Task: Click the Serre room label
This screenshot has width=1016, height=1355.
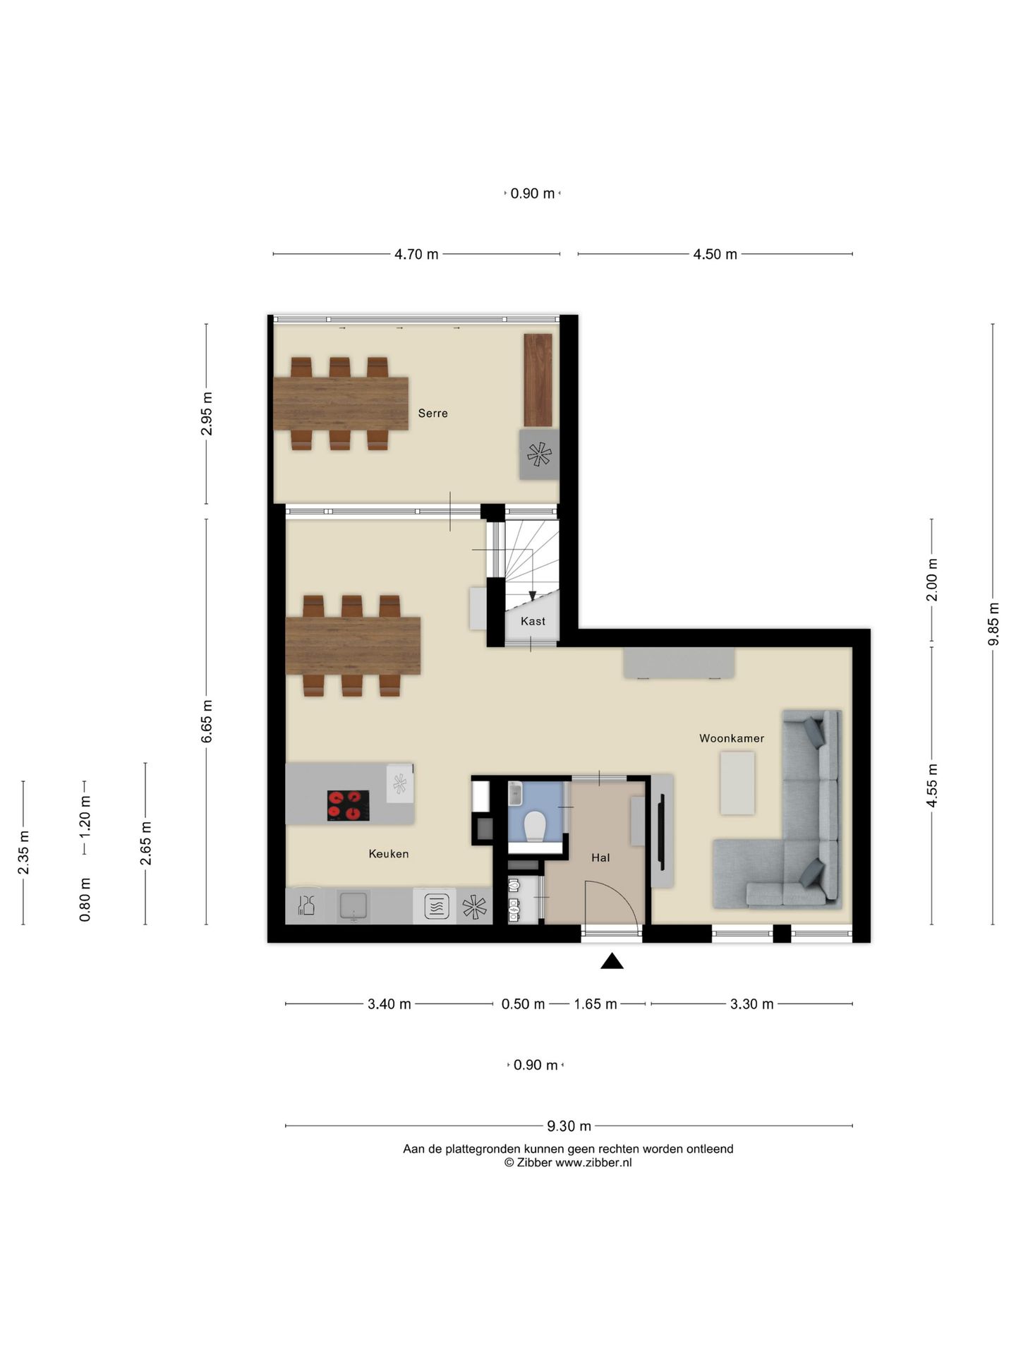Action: pos(433,414)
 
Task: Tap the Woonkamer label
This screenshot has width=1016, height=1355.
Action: pos(732,738)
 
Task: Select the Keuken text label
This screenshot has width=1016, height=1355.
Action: pos(389,854)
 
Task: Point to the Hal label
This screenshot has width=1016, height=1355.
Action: pos(600,858)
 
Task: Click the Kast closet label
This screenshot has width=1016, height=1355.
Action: pos(533,621)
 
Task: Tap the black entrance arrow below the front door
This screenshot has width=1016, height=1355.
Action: pos(612,960)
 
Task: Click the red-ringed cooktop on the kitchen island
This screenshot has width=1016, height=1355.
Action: pos(349,805)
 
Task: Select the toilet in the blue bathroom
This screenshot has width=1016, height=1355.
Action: pos(536,826)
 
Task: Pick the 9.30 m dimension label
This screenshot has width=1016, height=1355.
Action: pos(569,1126)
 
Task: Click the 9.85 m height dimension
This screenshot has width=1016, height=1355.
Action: pos(993,624)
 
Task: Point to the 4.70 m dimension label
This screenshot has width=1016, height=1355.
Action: pos(416,254)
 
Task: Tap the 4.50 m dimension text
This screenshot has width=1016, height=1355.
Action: pos(715,254)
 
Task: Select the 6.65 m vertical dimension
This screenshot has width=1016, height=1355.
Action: pos(207,721)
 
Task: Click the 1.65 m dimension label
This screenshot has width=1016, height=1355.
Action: pos(595,1004)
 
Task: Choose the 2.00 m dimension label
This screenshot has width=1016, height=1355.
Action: pos(932,579)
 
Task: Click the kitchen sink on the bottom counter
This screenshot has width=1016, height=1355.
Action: pos(353,906)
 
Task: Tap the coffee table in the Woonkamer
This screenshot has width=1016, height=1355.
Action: pos(737,783)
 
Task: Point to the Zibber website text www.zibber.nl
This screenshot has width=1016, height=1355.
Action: pos(593,1162)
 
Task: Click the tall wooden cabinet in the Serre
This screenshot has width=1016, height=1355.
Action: pos(538,380)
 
